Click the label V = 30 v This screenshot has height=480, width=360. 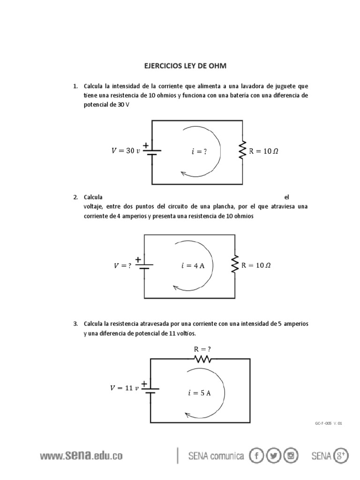tap(126, 151)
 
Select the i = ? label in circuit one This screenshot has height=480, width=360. tap(199, 151)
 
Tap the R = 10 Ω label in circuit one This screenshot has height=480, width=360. tap(264, 151)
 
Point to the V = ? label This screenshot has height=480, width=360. tap(122, 265)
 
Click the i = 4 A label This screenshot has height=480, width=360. tap(193, 265)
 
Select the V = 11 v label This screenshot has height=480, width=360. tap(125, 388)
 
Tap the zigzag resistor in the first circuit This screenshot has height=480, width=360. tap(243, 151)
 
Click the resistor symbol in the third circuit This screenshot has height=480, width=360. tap(203, 359)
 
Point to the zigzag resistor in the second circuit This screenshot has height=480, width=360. tap(234, 265)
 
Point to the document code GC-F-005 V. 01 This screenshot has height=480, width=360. tap(329, 423)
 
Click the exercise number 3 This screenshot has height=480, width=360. tap(75, 324)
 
